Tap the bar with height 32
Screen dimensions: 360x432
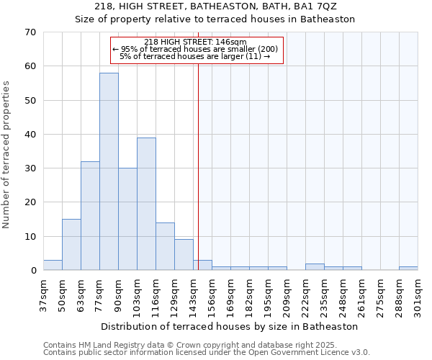click(90, 216)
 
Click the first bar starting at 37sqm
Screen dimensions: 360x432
click(53, 265)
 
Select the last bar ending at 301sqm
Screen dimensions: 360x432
click(408, 269)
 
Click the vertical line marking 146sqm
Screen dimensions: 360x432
click(198, 166)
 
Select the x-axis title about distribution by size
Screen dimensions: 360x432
click(215, 326)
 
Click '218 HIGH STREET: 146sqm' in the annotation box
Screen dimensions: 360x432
click(195, 42)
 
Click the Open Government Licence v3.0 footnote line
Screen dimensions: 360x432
click(207, 353)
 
